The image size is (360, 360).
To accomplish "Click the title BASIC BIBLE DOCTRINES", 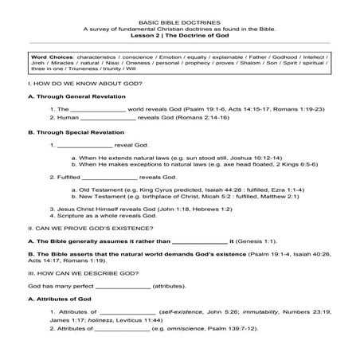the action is [x=179, y=21].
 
